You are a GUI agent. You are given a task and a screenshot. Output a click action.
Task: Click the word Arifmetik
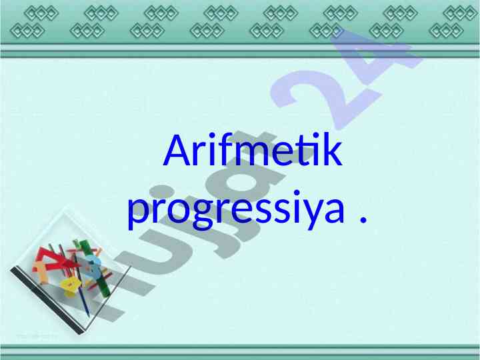pos(253,149)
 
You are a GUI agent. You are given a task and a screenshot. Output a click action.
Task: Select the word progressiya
pos(236,210)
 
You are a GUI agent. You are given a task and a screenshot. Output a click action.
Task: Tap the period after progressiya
pos(363,219)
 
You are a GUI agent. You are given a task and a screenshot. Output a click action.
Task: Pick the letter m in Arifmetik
pos(251,154)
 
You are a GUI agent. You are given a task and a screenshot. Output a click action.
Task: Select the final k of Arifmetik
pos(332,149)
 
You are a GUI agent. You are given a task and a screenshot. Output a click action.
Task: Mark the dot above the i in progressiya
pos(296,193)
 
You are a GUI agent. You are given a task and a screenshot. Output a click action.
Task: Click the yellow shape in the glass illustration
pos(71,287)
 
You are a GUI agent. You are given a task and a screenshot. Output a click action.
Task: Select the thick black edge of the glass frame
pos(47,301)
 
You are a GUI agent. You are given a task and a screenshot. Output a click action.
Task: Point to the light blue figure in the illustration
pos(93,267)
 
